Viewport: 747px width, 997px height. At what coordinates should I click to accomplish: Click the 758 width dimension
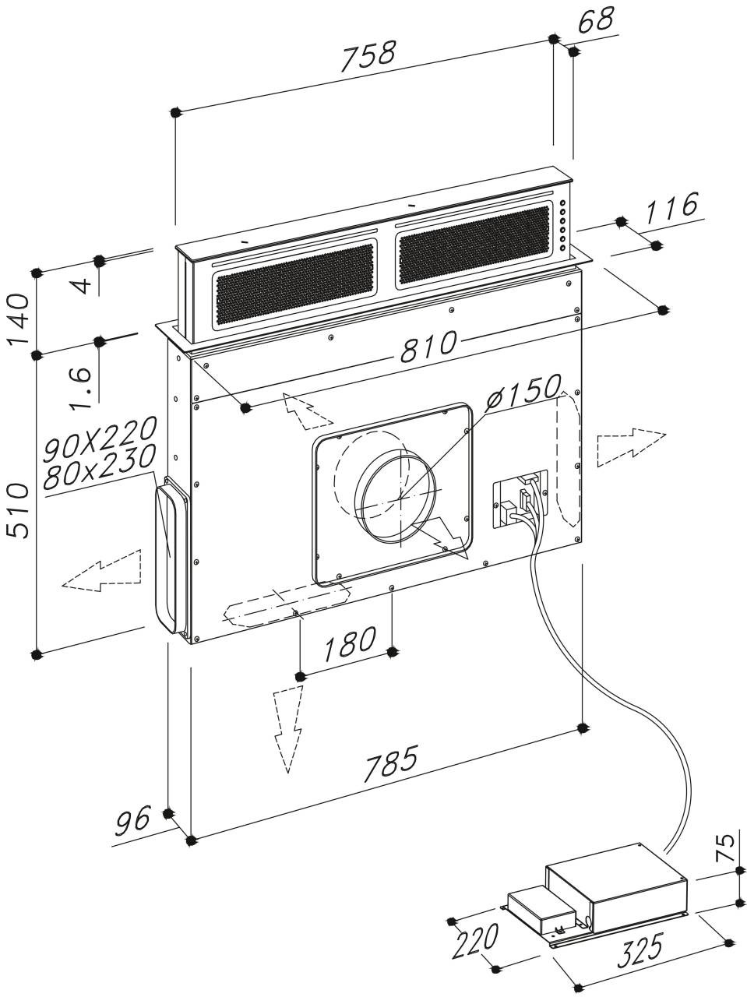[368, 57]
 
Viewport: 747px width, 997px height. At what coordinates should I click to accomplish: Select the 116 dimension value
[670, 208]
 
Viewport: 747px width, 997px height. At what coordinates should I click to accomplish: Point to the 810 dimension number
[426, 347]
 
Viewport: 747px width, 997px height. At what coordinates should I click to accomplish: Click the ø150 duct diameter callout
[524, 392]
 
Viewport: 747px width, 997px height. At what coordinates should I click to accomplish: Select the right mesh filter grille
[474, 245]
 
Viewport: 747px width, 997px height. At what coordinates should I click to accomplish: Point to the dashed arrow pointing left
[103, 571]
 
